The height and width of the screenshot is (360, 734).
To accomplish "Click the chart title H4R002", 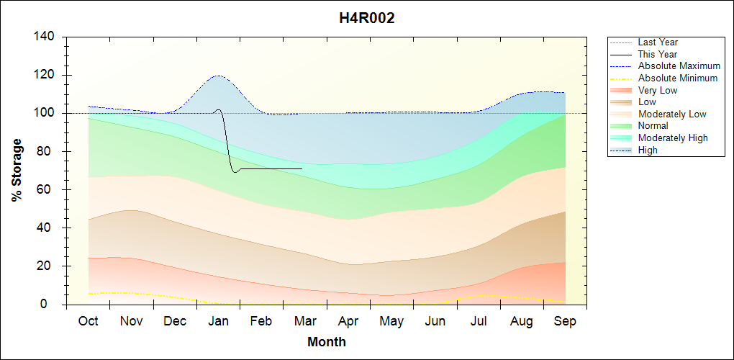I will [367, 18].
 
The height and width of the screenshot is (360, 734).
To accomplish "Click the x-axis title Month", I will [327, 341].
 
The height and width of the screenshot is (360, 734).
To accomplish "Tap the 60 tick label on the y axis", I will [47, 189].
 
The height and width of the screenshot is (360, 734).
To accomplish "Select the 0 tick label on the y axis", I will [54, 304].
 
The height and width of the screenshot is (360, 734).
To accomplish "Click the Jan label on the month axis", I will [219, 321].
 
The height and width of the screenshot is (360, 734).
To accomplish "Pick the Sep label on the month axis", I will [565, 321].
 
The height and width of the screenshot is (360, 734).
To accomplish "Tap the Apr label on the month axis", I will [348, 321].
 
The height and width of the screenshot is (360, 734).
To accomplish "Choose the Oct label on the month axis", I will [89, 321].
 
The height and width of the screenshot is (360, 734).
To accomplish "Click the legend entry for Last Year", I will [658, 42].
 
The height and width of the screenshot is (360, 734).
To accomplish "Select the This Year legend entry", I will [657, 54].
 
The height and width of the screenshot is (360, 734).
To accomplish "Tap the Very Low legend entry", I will [657, 90].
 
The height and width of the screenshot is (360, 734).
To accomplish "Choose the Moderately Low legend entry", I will [672, 114].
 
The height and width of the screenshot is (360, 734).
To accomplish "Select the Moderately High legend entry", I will [673, 138].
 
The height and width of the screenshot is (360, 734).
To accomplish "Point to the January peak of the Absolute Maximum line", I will [217, 76].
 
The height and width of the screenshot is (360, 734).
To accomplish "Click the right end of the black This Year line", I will [302, 168].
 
